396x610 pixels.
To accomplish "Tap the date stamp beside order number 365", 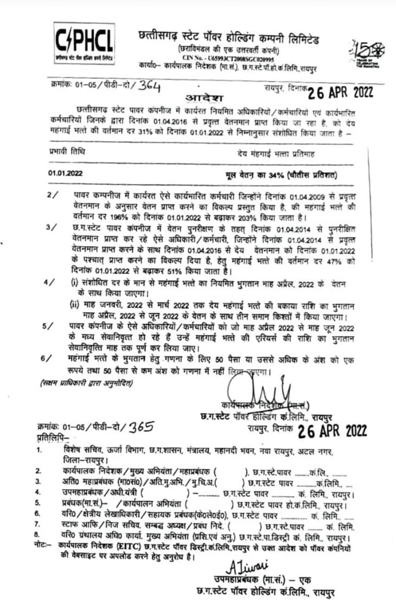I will pyautogui.click(x=333, y=430).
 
